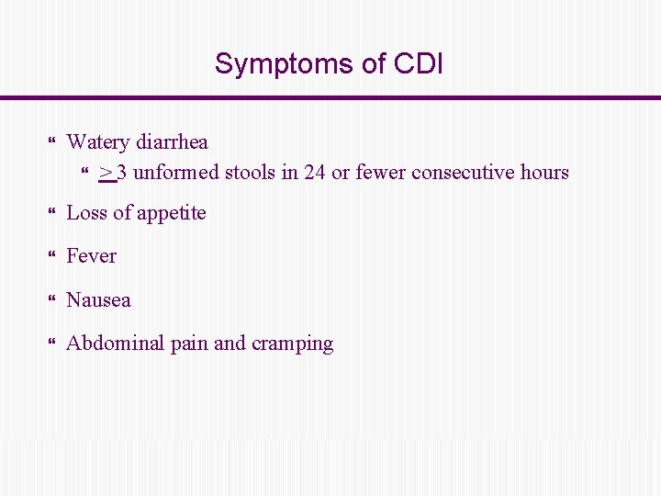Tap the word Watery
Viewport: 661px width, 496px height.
click(x=98, y=142)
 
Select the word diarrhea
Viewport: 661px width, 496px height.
click(x=172, y=142)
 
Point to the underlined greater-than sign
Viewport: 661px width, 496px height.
click(x=106, y=173)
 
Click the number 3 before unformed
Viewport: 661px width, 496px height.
click(x=122, y=173)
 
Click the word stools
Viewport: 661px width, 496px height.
click(x=246, y=173)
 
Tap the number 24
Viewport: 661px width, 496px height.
click(x=314, y=173)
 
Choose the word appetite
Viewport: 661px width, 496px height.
click(x=172, y=214)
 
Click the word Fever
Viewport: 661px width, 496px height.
click(x=92, y=256)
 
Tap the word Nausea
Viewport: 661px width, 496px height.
click(x=98, y=300)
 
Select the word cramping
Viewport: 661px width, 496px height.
click(x=292, y=344)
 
